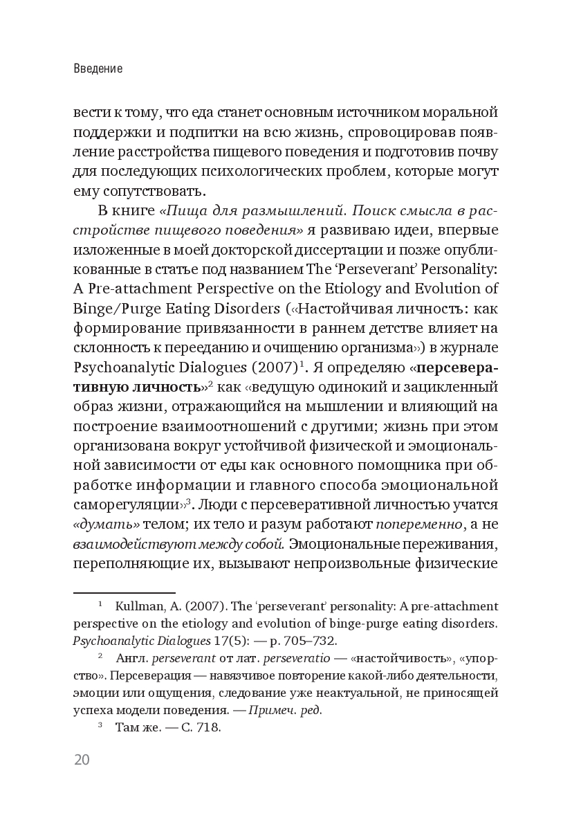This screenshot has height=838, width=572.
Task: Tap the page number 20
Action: pos(82,759)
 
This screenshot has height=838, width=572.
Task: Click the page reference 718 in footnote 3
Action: pos(207,727)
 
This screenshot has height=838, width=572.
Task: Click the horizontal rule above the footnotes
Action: pos(124,593)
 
